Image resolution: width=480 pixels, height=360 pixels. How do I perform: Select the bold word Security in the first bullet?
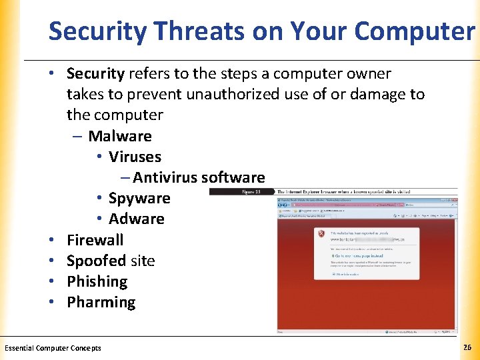[95, 73]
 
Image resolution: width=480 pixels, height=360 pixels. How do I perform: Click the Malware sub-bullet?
[119, 136]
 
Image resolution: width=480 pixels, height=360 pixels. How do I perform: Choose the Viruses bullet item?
[135, 157]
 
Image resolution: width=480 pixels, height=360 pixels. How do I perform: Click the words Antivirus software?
[199, 177]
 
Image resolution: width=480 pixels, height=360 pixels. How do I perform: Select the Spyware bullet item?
[139, 198]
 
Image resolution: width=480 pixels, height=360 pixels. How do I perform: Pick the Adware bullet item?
[136, 219]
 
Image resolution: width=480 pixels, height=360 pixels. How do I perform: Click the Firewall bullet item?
[95, 239]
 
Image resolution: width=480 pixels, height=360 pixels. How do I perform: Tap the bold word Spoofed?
[96, 261]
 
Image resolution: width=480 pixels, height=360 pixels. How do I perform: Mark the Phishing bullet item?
[97, 281]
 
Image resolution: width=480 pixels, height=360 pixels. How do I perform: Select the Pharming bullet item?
[101, 302]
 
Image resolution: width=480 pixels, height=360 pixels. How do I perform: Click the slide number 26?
[467, 347]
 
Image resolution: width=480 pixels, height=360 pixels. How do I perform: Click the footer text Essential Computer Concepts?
[53, 348]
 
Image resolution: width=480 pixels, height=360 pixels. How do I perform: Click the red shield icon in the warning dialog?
[321, 235]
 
